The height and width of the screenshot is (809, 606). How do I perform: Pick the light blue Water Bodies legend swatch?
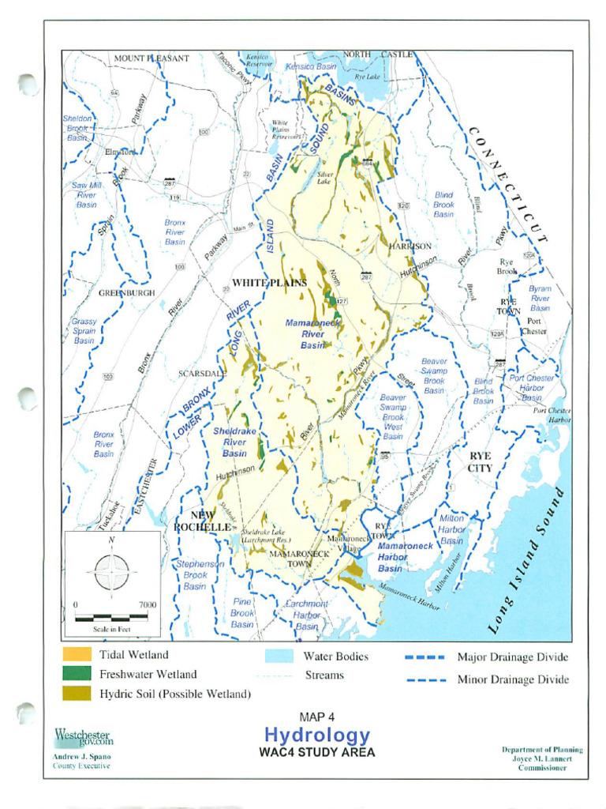pos(279,657)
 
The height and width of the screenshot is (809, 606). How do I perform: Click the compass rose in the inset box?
pos(111,570)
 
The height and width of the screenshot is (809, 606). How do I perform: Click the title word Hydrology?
pos(316,736)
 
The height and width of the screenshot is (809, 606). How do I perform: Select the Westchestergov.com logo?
pos(83,737)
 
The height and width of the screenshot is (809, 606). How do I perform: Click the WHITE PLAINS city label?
pos(269,283)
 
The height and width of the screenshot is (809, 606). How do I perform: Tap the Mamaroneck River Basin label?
pos(305,334)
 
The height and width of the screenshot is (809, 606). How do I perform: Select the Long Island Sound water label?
pos(527,561)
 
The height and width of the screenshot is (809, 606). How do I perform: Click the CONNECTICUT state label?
pos(508,183)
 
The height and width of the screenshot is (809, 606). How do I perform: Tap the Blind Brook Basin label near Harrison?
pos(443,205)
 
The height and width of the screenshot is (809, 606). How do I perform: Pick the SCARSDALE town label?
pos(202,373)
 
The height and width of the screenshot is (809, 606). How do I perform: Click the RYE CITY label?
pos(480,462)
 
